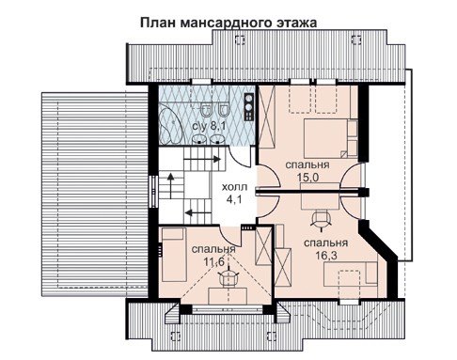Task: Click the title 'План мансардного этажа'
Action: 228,23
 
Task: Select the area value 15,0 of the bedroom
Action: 307,178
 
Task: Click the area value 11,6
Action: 214,262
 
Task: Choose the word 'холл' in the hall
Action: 234,187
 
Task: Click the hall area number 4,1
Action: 234,199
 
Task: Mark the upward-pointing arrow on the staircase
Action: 170,186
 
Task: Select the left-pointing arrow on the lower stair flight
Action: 198,212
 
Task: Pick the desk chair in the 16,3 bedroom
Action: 322,220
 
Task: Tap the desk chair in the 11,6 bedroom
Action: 228,276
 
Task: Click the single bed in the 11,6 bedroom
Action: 173,255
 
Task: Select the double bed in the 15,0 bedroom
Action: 330,138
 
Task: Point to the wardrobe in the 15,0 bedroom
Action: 267,117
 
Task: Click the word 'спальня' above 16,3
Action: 326,243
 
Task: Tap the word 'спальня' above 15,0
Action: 307,165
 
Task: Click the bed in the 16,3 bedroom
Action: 351,274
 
